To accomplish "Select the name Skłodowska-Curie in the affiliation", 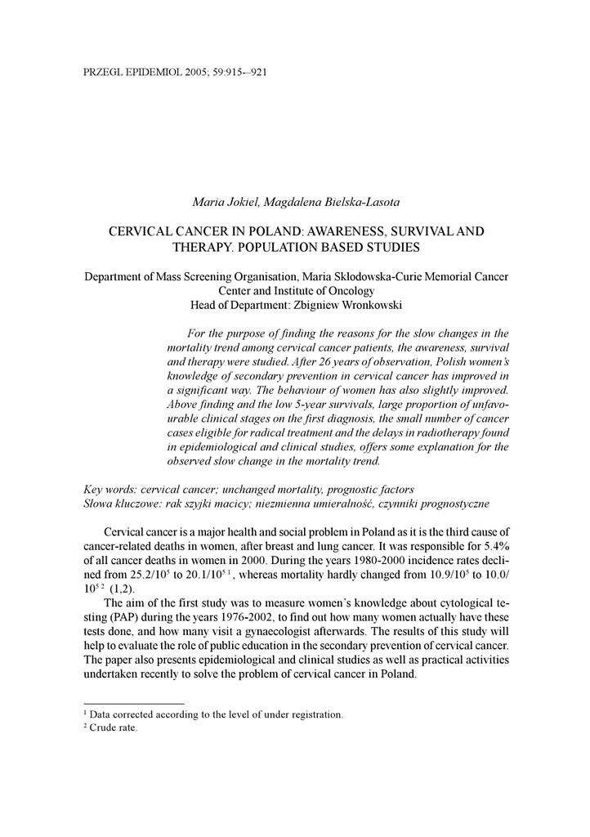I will coord(383,276).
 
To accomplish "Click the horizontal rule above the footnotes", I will coord(134,702).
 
